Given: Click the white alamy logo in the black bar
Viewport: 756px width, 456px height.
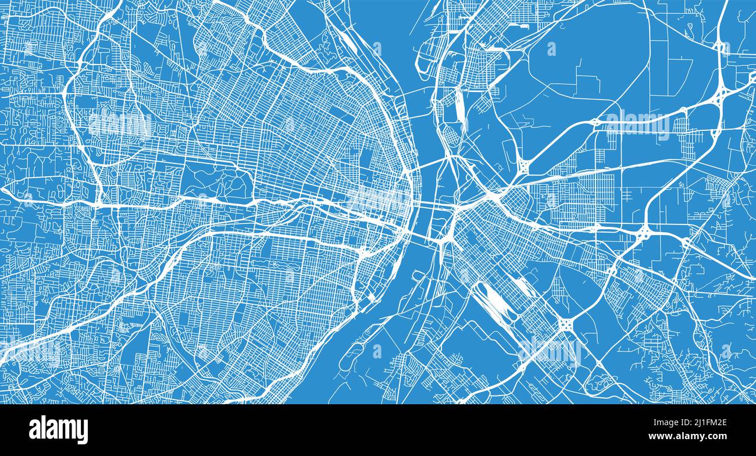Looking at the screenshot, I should [58, 430].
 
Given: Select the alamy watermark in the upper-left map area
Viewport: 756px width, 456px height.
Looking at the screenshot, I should [120, 123].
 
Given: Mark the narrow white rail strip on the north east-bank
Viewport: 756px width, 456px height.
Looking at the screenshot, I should [459, 111].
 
